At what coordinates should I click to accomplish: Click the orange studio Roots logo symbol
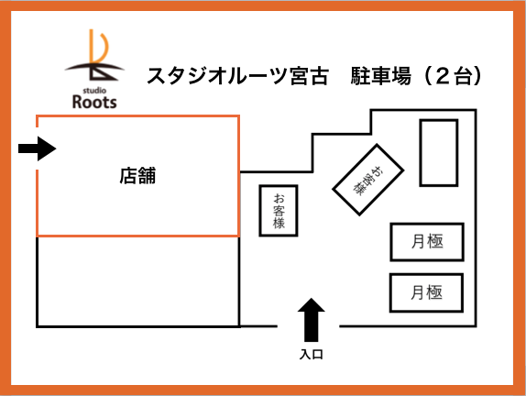pyautogui.click(x=93, y=55)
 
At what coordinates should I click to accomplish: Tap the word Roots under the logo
pyautogui.click(x=94, y=102)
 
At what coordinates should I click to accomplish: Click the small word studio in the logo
pyautogui.click(x=94, y=90)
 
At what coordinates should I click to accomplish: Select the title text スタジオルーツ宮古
pyautogui.click(x=237, y=76)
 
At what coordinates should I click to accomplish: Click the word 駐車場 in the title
pyautogui.click(x=380, y=76)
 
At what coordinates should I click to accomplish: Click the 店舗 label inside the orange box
pyautogui.click(x=137, y=176)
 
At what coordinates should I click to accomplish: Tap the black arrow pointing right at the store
pyautogui.click(x=37, y=148)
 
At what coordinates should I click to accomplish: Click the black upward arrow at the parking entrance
pyautogui.click(x=312, y=320)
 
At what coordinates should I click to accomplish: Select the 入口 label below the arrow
pyautogui.click(x=312, y=355)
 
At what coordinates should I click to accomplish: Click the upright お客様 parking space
pyautogui.click(x=279, y=211)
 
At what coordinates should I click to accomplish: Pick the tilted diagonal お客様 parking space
pyautogui.click(x=368, y=180)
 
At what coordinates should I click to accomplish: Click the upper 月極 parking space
pyautogui.click(x=427, y=242)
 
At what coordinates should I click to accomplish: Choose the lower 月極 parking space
pyautogui.click(x=426, y=292)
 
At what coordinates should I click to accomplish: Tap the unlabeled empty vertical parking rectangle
pyautogui.click(x=439, y=152)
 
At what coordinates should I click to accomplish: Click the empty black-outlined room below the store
pyautogui.click(x=137, y=281)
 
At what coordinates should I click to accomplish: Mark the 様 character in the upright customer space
pyautogui.click(x=279, y=223)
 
